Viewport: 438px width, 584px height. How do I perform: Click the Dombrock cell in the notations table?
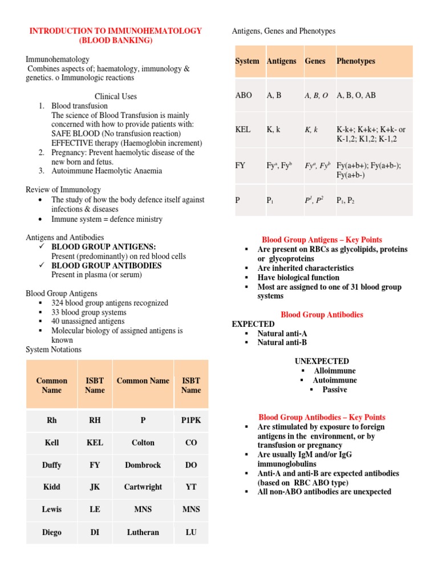pos(143,465)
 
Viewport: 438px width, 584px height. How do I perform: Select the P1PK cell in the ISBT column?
pos(190,420)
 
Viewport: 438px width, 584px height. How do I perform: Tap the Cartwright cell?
pos(143,487)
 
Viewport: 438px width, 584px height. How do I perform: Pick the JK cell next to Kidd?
pos(95,487)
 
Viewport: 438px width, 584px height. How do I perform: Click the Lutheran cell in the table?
pos(143,532)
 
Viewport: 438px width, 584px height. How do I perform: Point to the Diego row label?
pos(52,532)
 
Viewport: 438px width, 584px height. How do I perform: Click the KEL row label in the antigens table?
pos(243,129)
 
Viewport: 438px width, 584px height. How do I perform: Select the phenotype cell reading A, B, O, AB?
pos(356,95)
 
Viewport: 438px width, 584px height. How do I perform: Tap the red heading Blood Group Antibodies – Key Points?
pos(322,417)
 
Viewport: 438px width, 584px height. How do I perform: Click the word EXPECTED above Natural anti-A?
pos(253,324)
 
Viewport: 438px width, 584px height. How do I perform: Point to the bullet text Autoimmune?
pos(335,380)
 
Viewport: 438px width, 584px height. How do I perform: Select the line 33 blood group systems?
pos(88,313)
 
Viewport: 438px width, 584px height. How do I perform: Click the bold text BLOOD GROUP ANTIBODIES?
pos(107,265)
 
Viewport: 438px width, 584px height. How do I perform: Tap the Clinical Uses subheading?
pos(116,96)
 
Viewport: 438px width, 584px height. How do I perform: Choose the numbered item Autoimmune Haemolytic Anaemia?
pos(107,171)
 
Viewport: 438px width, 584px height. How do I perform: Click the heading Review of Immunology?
pos(63,189)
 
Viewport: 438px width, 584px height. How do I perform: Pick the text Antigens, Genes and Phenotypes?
pos(283,31)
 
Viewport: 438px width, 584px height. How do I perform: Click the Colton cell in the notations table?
pos(143,442)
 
